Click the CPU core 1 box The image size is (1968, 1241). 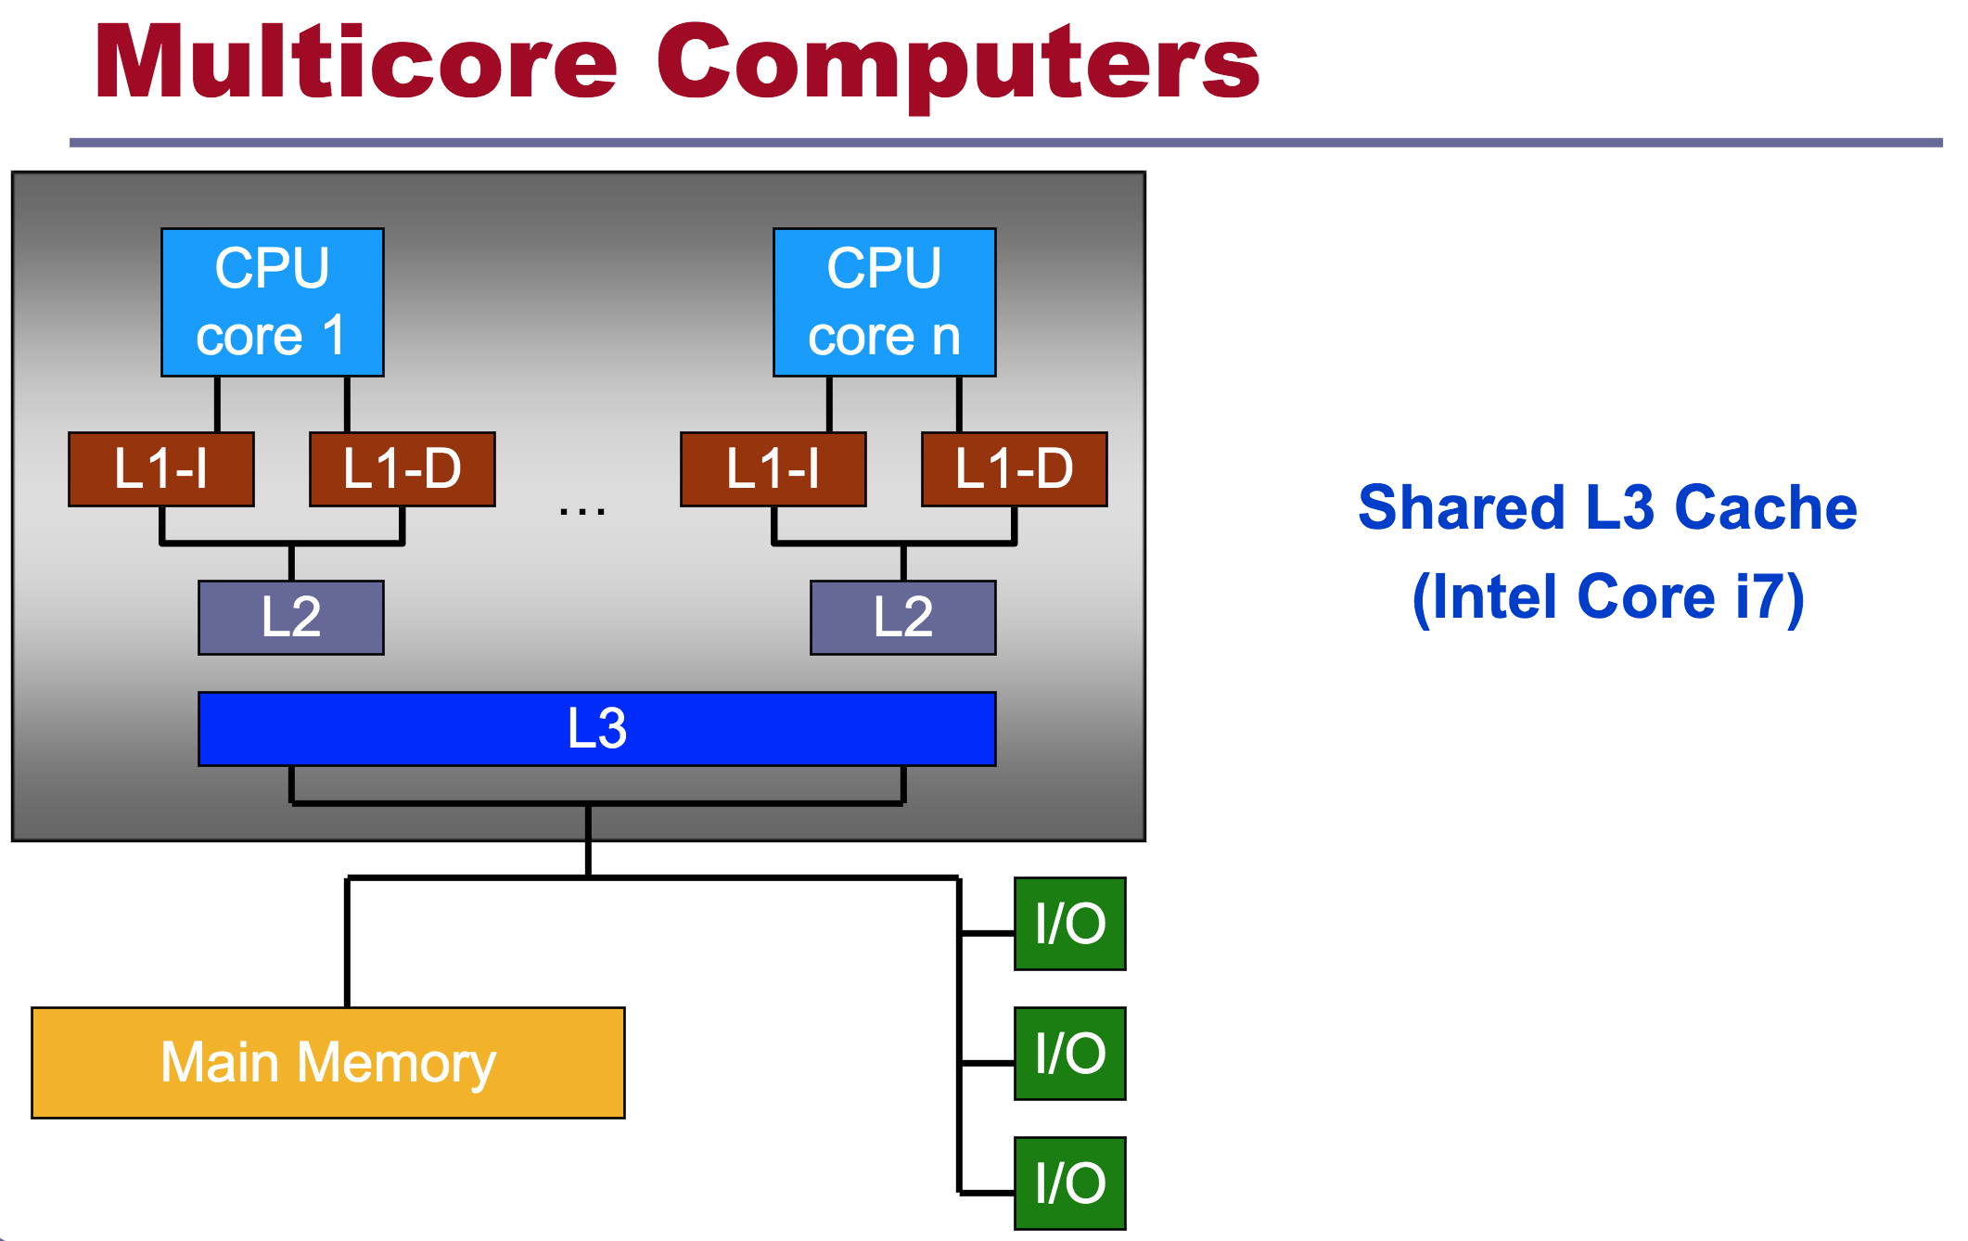[x=272, y=301]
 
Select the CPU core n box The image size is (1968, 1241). [x=884, y=301]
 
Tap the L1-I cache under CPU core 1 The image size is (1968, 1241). [x=160, y=468]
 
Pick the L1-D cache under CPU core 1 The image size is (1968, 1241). [x=402, y=468]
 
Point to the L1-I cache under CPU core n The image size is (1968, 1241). [x=773, y=468]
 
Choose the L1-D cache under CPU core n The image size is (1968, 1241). [x=1014, y=468]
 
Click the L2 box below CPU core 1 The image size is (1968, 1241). [x=290, y=617]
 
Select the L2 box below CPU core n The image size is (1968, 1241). [x=902, y=617]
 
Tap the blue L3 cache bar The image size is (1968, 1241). [x=596, y=728]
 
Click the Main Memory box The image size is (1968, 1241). [x=327, y=1062]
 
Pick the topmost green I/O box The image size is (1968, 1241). [x=1069, y=923]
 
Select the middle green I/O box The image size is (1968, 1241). [x=1069, y=1053]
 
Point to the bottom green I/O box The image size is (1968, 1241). [x=1069, y=1183]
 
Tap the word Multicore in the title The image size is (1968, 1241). [x=356, y=62]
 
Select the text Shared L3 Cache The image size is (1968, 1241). [x=1607, y=507]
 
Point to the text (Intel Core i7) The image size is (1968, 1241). [x=1607, y=596]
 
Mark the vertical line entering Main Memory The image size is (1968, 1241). [x=347, y=941]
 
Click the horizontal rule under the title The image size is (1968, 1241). [x=1005, y=143]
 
